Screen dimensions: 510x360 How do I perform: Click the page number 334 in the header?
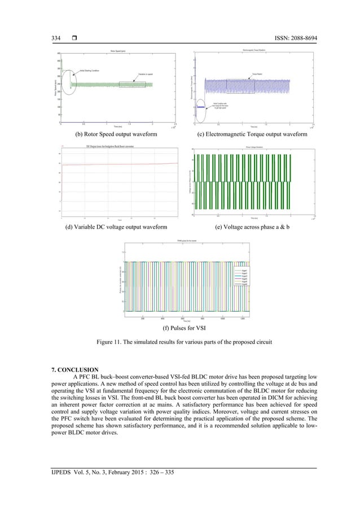[x=56, y=37]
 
